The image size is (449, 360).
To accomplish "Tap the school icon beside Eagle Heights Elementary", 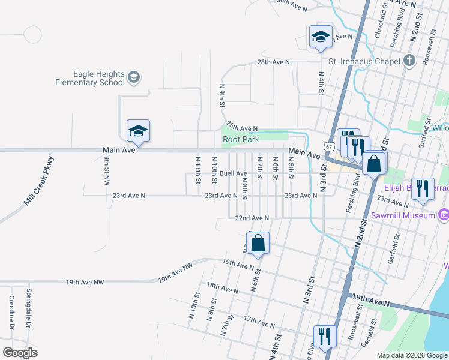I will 133,77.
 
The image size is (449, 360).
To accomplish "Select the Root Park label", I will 240,139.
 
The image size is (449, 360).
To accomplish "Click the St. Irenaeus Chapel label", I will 364,61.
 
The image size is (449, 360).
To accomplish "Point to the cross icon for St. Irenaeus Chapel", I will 409,60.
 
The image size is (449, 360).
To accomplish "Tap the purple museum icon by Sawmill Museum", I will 444,215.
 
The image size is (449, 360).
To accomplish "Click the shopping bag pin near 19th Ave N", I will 258,244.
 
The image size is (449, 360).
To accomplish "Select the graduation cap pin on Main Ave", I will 138,131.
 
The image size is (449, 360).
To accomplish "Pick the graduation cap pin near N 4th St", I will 321,37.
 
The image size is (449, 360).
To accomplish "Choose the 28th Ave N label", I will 273,62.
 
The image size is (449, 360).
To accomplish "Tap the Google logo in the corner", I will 20,353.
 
